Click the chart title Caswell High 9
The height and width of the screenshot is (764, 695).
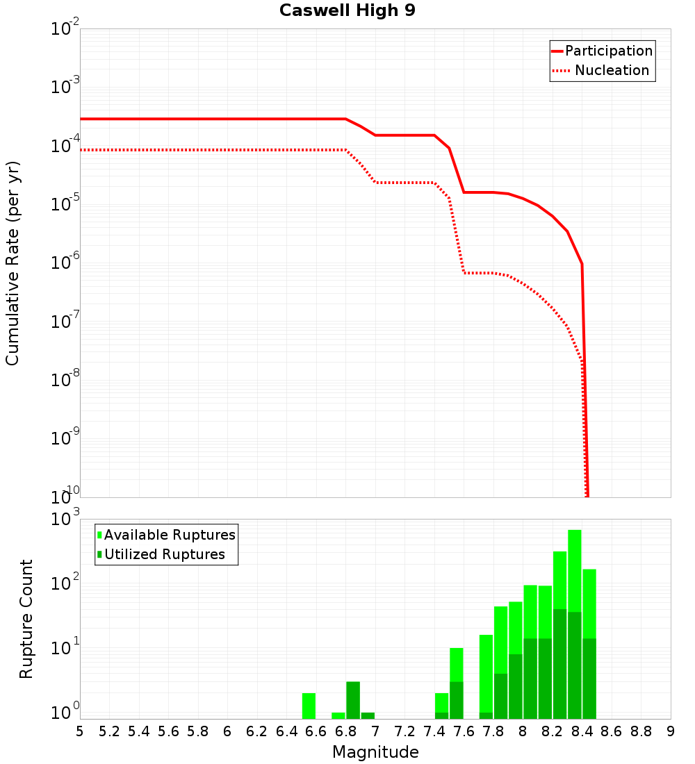coord(347,11)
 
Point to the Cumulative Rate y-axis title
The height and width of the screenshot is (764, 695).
coord(13,263)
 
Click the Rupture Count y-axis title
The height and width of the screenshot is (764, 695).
coord(26,619)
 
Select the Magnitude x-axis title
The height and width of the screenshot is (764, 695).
coord(375,752)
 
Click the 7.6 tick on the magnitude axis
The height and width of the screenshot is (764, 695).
coord(464,731)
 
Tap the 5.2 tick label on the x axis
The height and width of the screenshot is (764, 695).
coord(109,731)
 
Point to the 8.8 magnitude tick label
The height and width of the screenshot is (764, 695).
coord(641,731)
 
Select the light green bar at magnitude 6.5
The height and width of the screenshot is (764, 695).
coord(309,706)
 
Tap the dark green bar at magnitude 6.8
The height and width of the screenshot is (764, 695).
coord(353,700)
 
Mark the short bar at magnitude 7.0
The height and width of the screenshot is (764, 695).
coord(368,715)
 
